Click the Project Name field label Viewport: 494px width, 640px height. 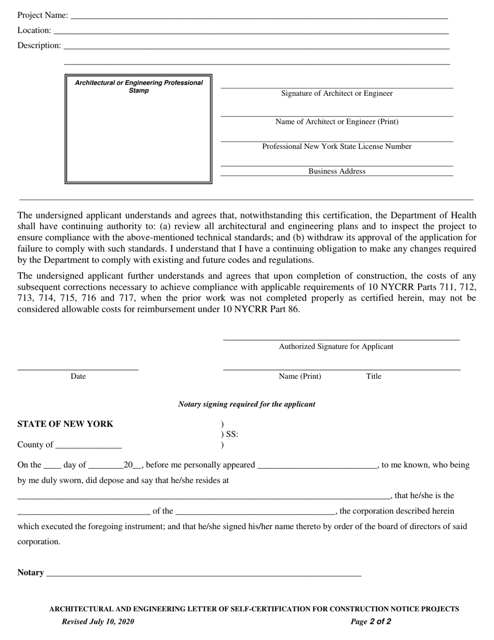pyautogui.click(x=43, y=15)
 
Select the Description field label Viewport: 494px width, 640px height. pyautogui.click(x=39, y=45)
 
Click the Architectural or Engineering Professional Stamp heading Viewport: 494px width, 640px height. pyautogui.click(x=139, y=86)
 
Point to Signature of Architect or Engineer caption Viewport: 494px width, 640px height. pyautogui.click(x=337, y=94)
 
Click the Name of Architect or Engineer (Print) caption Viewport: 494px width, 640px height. pyautogui.click(x=337, y=122)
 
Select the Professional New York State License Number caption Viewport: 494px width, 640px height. pyautogui.click(x=337, y=147)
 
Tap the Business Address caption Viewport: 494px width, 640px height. pyautogui.click(x=337, y=171)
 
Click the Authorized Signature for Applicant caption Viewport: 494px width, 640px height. pyautogui.click(x=336, y=347)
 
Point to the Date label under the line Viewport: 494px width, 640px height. pyautogui.click(x=78, y=376)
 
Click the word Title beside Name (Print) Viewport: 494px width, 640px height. pyautogui.click(x=373, y=376)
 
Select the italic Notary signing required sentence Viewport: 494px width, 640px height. pyautogui.click(x=246, y=404)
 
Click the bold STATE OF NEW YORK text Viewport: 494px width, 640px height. pyautogui.click(x=65, y=424)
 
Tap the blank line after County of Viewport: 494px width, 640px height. pyautogui.click(x=88, y=446)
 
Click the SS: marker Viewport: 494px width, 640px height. pyautogui.click(x=231, y=434)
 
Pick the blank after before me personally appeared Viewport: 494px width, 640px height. pyautogui.click(x=317, y=466)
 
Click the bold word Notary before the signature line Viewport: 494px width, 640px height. pyautogui.click(x=31, y=572)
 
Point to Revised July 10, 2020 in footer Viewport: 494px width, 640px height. pyautogui.click(x=98, y=621)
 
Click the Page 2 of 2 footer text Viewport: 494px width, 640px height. pyautogui.click(x=371, y=621)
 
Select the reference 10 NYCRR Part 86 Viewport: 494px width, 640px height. pyautogui.click(x=260, y=309)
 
